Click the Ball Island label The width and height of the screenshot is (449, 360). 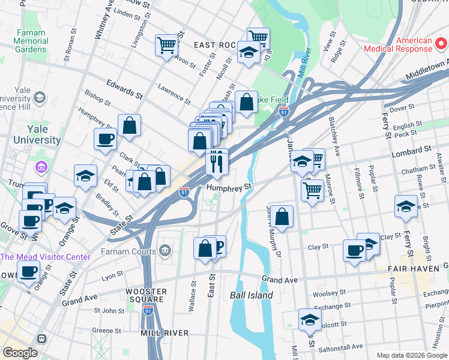pos(252,295)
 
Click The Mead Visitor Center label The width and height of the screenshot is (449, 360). pos(45,257)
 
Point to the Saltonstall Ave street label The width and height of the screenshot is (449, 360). pos(340,347)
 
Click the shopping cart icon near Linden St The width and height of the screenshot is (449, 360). pos(167,44)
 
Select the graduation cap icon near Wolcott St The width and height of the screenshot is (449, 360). pos(310,319)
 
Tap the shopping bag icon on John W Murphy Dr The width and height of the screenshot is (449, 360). pos(281,216)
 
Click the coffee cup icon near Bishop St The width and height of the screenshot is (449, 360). pos(106,139)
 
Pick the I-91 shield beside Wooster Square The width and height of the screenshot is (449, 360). pos(148,310)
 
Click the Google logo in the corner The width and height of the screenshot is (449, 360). pos(20,352)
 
